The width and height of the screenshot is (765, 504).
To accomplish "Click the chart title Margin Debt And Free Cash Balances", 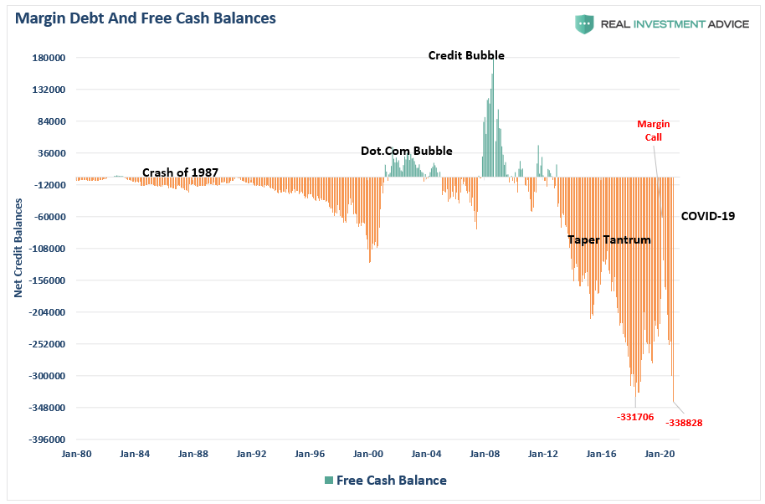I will point(145,18).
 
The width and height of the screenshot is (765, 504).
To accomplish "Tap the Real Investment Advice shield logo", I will point(583,23).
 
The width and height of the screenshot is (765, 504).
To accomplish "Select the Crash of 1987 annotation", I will point(180,172).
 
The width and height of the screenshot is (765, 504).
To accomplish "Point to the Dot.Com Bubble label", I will point(406,152).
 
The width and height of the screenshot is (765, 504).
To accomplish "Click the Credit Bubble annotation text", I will point(466,56).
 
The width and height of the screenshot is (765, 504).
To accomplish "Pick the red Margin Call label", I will point(653,131).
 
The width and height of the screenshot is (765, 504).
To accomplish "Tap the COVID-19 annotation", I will point(707,216).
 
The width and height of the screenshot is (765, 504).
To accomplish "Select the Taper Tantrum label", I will point(608,239).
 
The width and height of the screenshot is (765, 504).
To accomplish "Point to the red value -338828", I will point(684,423).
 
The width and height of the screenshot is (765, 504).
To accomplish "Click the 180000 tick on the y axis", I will point(49,58).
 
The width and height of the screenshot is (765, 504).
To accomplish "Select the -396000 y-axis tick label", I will point(47,440).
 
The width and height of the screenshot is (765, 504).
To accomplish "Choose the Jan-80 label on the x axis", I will point(76,454).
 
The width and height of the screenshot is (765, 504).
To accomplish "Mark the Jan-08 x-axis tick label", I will point(485,454).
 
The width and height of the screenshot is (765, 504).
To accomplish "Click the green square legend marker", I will point(329,481).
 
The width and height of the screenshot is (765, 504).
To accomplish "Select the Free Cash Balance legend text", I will point(391,481).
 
